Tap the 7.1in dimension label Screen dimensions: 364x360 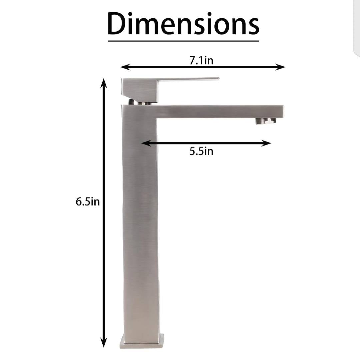[201, 61]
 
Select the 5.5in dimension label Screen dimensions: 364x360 [201, 151]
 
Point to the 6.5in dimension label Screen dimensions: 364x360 [88, 202]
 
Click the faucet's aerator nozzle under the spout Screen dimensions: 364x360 [266, 121]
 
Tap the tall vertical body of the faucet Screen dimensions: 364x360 [140, 226]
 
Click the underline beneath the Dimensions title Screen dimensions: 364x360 [183, 41]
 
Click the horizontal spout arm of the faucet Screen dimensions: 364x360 [217, 111]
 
